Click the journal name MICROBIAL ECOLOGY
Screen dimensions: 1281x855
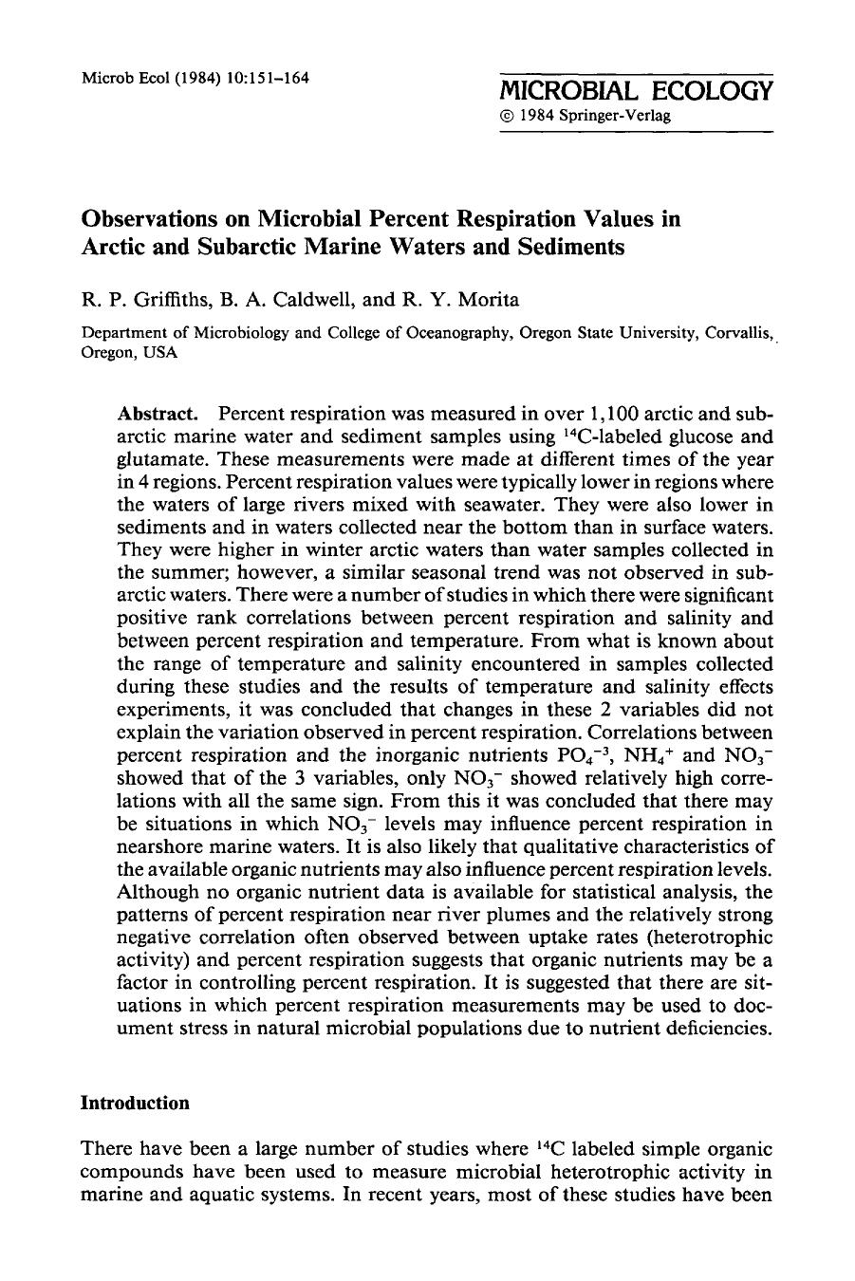click(636, 91)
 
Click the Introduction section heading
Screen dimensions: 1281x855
click(135, 1103)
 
